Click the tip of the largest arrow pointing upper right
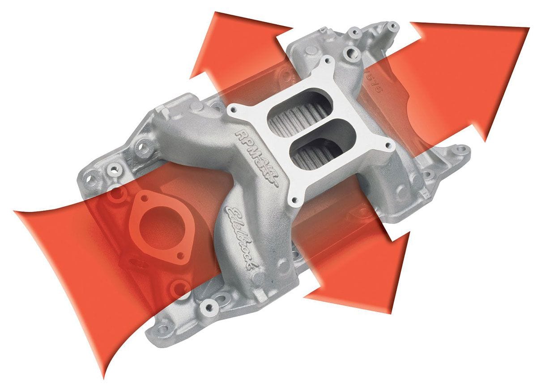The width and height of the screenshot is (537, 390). (x=528, y=28)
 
